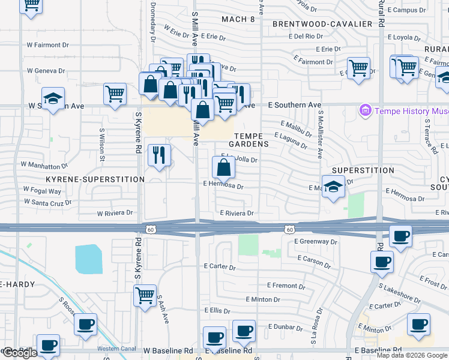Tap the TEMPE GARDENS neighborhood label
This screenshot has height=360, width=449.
(251, 140)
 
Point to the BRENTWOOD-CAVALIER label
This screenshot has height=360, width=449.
(322, 24)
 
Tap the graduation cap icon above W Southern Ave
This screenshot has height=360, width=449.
(53, 99)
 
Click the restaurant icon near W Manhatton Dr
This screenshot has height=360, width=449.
(159, 155)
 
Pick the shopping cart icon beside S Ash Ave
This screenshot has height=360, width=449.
(145, 296)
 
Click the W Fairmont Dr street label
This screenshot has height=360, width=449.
(48, 45)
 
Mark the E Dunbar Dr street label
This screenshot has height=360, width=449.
(288, 326)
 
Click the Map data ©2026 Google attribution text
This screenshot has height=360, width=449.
(412, 355)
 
